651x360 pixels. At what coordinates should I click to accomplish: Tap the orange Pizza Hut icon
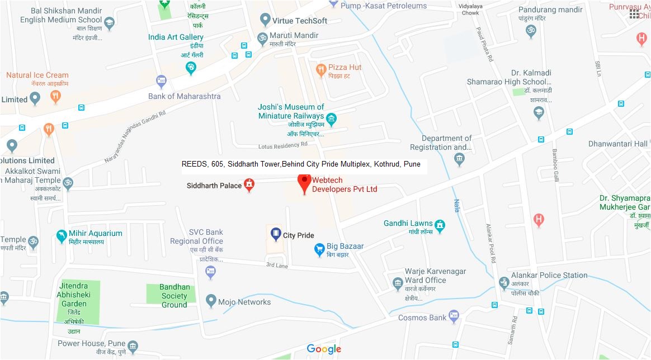[x=320, y=70]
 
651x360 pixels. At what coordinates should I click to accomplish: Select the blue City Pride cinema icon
[x=276, y=234]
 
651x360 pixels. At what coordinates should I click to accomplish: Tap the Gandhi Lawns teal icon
[x=440, y=226]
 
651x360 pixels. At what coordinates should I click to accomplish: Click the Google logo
[x=324, y=349]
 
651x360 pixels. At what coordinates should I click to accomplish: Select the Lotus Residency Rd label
[x=283, y=145]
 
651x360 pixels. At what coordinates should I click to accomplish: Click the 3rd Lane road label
[x=277, y=265]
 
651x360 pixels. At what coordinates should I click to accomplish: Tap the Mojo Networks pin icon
[x=211, y=301]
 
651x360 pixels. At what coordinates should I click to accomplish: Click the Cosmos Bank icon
[x=454, y=318]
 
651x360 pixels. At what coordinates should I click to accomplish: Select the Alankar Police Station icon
[x=504, y=283]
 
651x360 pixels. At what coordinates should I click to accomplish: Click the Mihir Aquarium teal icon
[x=62, y=236]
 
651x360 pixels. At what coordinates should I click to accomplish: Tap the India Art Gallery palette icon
[x=191, y=68]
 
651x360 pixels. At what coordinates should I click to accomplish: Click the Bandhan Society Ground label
[x=174, y=296]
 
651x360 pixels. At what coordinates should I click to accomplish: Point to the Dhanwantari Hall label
[x=617, y=144]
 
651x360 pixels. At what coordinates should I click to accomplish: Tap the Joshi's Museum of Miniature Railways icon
[x=331, y=119]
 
